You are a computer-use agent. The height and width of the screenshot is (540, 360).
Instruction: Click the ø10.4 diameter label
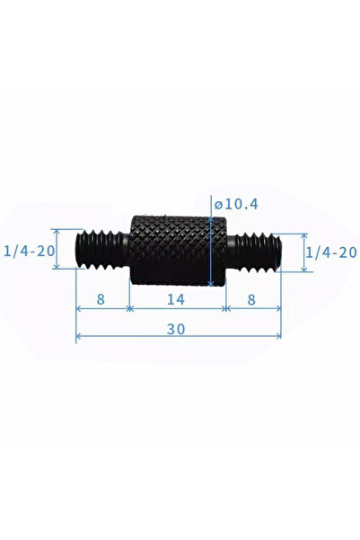tap(236, 204)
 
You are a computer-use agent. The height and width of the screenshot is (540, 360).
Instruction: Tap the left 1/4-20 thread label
tap(30, 251)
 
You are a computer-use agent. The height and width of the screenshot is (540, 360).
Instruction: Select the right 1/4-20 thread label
tap(331, 252)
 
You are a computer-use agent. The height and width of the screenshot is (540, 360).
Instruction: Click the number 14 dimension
tap(176, 299)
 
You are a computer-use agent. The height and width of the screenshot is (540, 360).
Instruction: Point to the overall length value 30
tap(176, 329)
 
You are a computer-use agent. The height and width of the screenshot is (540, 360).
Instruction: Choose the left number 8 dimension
tap(101, 299)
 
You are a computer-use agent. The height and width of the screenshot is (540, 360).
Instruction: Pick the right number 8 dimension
tap(251, 299)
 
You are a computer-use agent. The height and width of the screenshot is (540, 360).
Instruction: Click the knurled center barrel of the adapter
tap(178, 251)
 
